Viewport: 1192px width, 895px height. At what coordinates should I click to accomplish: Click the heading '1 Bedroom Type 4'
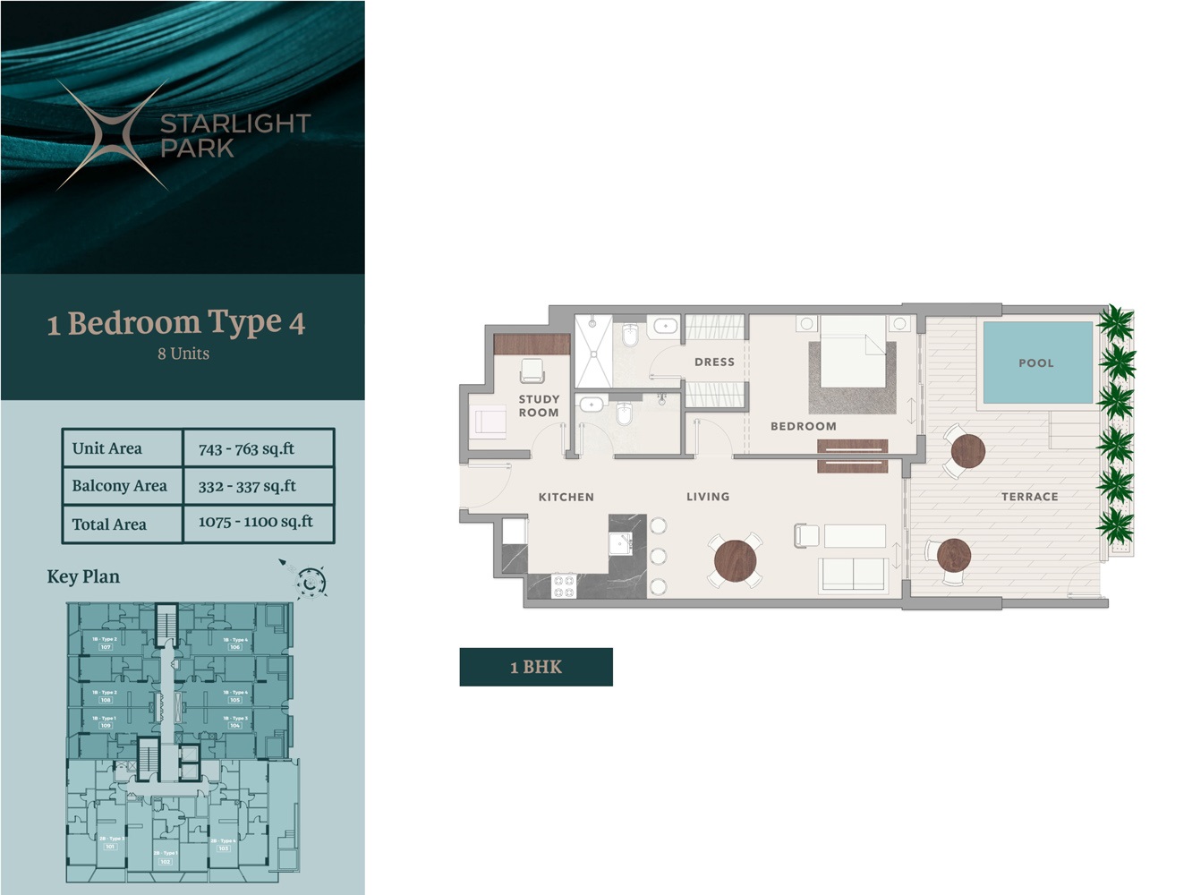pyautogui.click(x=176, y=323)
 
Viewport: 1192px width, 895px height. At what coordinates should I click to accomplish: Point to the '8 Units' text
pyautogui.click(x=183, y=354)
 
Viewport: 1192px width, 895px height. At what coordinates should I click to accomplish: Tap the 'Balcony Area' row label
pyautogui.click(x=120, y=486)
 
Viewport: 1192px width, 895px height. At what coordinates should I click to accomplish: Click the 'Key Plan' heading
pyautogui.click(x=83, y=576)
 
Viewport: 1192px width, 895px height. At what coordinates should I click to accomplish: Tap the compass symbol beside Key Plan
pyautogui.click(x=310, y=582)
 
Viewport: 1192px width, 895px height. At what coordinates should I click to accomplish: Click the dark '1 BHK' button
pyautogui.click(x=536, y=667)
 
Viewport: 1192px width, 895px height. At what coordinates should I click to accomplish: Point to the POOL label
pyautogui.click(x=1036, y=363)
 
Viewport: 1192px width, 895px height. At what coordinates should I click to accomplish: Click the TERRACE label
pyautogui.click(x=1029, y=497)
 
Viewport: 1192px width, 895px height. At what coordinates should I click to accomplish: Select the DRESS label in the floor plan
pyautogui.click(x=714, y=362)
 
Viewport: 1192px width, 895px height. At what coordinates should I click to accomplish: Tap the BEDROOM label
pyautogui.click(x=804, y=427)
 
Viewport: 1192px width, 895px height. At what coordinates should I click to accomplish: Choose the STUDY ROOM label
pyautogui.click(x=539, y=406)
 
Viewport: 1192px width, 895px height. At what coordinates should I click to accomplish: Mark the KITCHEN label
pyautogui.click(x=566, y=497)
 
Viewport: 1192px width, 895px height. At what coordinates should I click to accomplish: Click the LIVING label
pyautogui.click(x=708, y=497)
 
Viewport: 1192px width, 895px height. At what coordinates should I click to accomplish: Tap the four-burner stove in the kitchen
pyautogui.click(x=564, y=586)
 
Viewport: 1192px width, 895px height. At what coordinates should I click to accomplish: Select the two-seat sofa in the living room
pyautogui.click(x=854, y=575)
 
